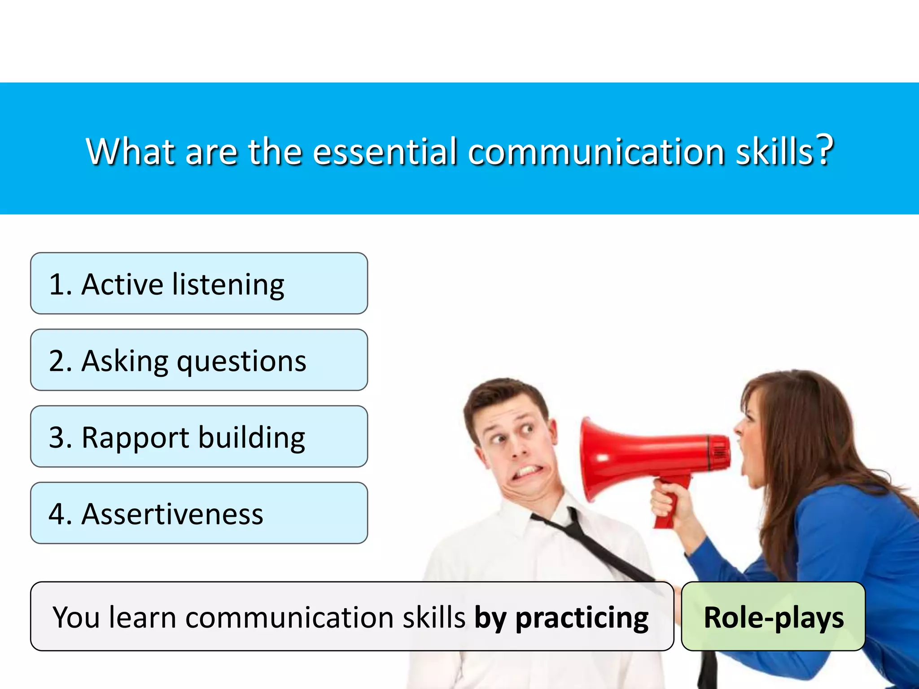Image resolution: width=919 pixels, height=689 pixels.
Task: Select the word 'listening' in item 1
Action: click(228, 285)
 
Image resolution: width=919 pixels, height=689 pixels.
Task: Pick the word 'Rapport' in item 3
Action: click(135, 439)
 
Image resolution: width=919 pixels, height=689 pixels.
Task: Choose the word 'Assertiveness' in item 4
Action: click(172, 514)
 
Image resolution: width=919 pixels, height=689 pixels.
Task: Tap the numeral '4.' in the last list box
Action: click(60, 514)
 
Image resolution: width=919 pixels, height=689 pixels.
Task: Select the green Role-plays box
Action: click(773, 617)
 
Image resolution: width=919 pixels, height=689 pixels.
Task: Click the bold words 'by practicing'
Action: click(561, 618)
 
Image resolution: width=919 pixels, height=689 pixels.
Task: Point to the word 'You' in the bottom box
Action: click(76, 618)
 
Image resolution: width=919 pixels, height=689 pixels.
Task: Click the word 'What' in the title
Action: click(130, 152)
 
